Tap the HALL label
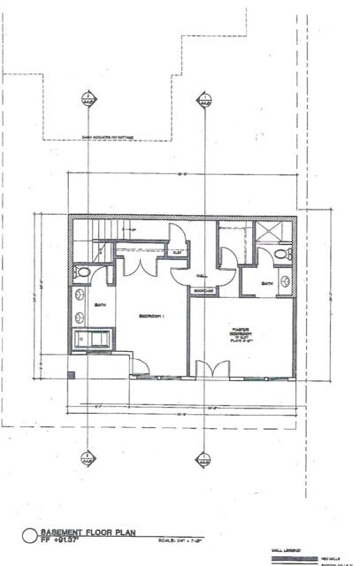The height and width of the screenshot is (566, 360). (x=203, y=275)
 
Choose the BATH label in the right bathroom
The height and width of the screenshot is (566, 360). (x=267, y=283)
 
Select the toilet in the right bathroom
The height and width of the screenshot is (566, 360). (x=282, y=255)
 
